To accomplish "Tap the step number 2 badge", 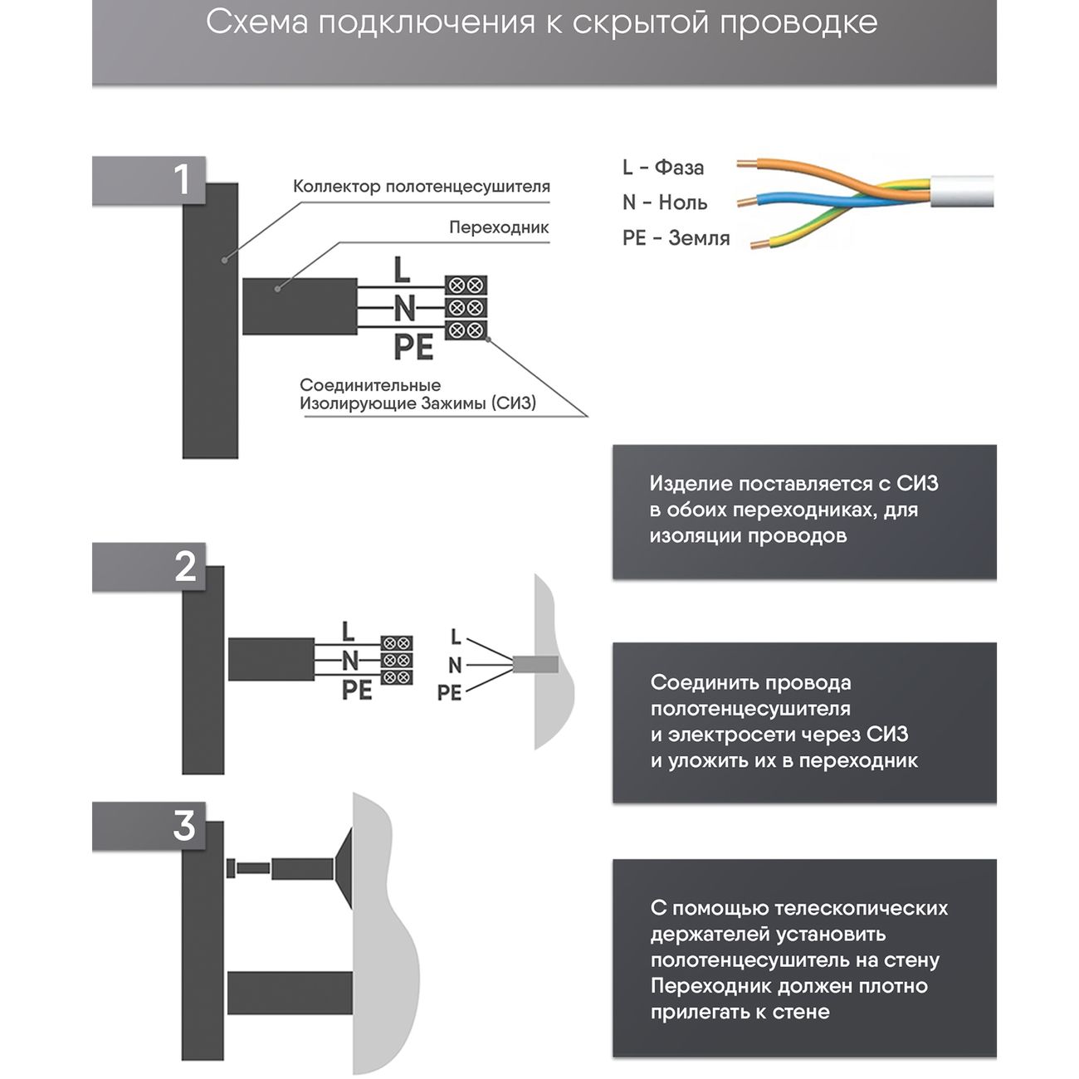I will tap(184, 567).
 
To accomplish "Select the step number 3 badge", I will tap(183, 826).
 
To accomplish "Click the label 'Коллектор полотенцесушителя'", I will tap(421, 187).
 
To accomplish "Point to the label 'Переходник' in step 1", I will tap(498, 227).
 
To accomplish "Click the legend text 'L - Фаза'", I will tap(662, 168).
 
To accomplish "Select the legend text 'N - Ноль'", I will tap(664, 203).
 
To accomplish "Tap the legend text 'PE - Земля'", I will tap(676, 238).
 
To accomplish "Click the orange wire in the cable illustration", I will tap(797, 164).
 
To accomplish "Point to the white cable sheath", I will tap(963, 192).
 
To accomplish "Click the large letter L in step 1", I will tap(402, 270).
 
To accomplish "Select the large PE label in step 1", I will tap(413, 347).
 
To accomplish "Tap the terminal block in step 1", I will tap(465, 308).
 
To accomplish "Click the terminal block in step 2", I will tap(397, 661).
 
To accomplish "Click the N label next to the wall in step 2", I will tap(454, 665).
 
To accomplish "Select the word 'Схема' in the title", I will tap(256, 22).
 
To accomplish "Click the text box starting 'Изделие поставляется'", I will tap(803, 510).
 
